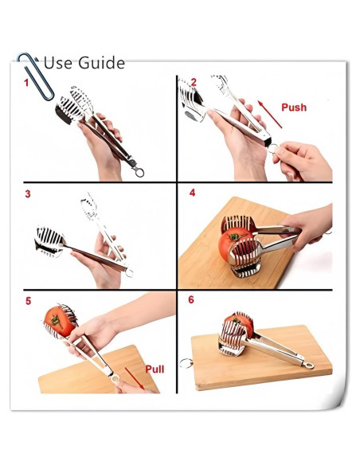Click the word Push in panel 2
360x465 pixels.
click(294, 107)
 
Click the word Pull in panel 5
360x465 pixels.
click(155, 369)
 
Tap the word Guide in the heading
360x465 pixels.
click(101, 63)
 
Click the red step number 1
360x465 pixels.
click(26, 83)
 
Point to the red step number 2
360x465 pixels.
click(194, 82)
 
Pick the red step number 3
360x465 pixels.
click(28, 194)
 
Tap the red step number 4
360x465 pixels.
click(192, 193)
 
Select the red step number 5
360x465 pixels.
click(28, 301)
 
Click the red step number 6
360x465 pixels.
click(191, 299)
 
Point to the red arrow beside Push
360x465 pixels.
click(269, 114)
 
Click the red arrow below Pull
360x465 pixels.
click(135, 379)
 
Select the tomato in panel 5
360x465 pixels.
click(60, 322)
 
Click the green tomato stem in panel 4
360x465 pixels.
click(235, 236)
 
